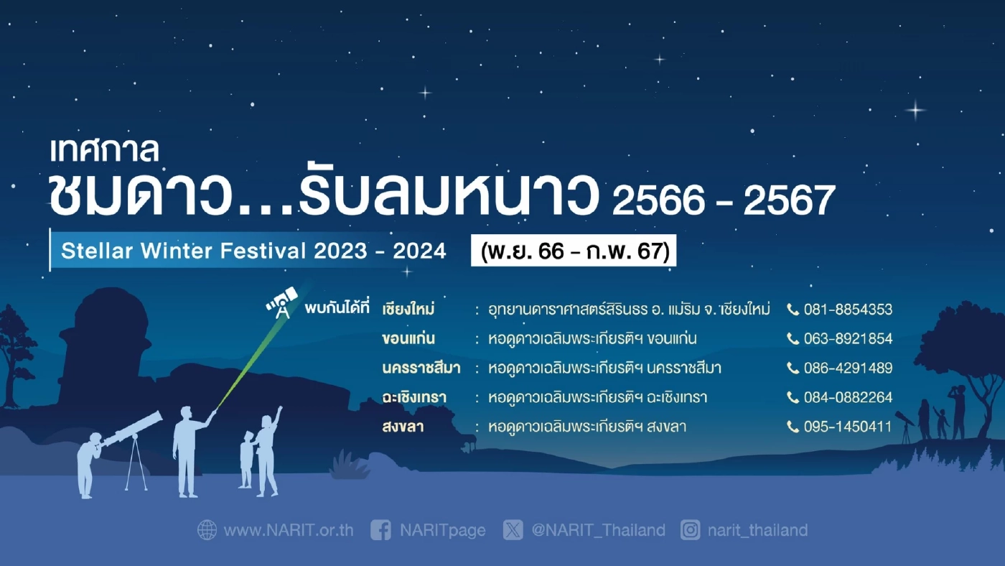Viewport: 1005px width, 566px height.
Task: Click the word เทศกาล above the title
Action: [x=104, y=150]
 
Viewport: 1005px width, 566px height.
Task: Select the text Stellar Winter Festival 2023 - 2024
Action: [x=253, y=251]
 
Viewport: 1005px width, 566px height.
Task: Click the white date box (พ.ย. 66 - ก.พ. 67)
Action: [x=574, y=251]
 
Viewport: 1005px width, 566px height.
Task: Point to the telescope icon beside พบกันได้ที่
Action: [x=281, y=303]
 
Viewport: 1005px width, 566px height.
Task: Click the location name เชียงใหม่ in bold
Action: [x=409, y=310]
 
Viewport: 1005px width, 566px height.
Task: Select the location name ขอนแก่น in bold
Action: [x=409, y=339]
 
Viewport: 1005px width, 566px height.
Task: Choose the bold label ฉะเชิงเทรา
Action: [x=415, y=397]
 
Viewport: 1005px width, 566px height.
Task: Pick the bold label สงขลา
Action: [x=403, y=427]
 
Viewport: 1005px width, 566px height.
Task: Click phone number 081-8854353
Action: [x=848, y=310]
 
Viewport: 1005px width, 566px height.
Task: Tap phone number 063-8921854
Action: [x=848, y=339]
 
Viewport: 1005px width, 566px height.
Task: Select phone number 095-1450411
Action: [x=848, y=427]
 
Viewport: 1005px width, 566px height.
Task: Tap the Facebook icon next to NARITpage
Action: [x=381, y=531]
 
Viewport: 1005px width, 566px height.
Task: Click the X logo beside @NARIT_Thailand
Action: [x=513, y=531]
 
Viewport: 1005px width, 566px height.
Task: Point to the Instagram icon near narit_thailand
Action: [x=691, y=531]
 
